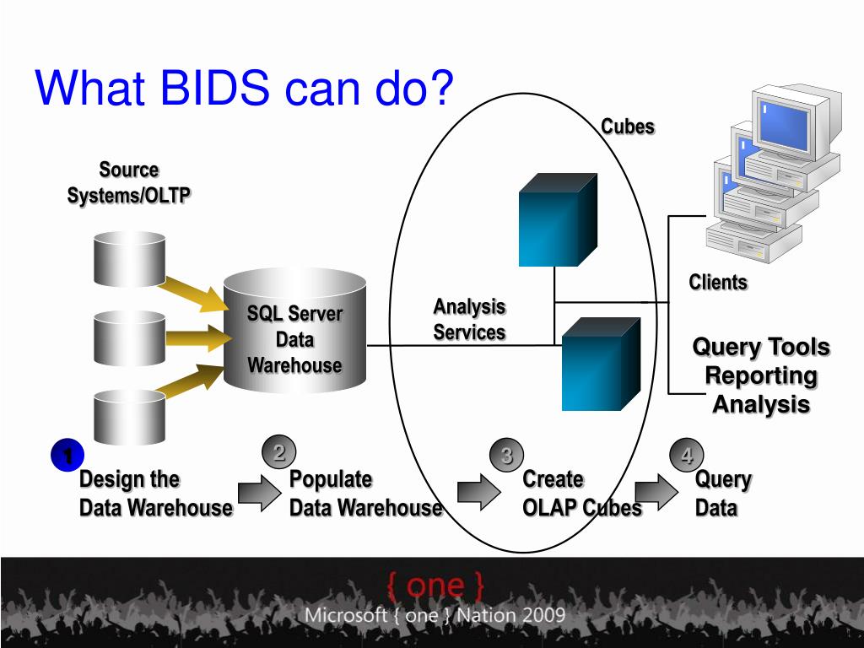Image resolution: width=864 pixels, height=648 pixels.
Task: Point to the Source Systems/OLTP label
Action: pos(129,182)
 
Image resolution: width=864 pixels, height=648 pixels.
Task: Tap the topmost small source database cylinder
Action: pos(128,259)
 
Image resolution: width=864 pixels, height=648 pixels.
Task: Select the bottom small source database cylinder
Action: pos(128,415)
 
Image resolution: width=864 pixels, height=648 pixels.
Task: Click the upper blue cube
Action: pos(556,221)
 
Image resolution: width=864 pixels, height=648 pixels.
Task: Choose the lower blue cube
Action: pos(600,364)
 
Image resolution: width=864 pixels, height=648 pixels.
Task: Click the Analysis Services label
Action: pos(469,319)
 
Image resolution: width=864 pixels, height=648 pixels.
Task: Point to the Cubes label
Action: pos(628,127)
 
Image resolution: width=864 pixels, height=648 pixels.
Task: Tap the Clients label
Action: pos(718,282)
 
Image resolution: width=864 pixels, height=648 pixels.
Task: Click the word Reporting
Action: pos(761,375)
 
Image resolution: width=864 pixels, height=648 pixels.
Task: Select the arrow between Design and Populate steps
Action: pos(255,493)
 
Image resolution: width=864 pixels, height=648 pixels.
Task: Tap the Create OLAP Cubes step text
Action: pos(580,494)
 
